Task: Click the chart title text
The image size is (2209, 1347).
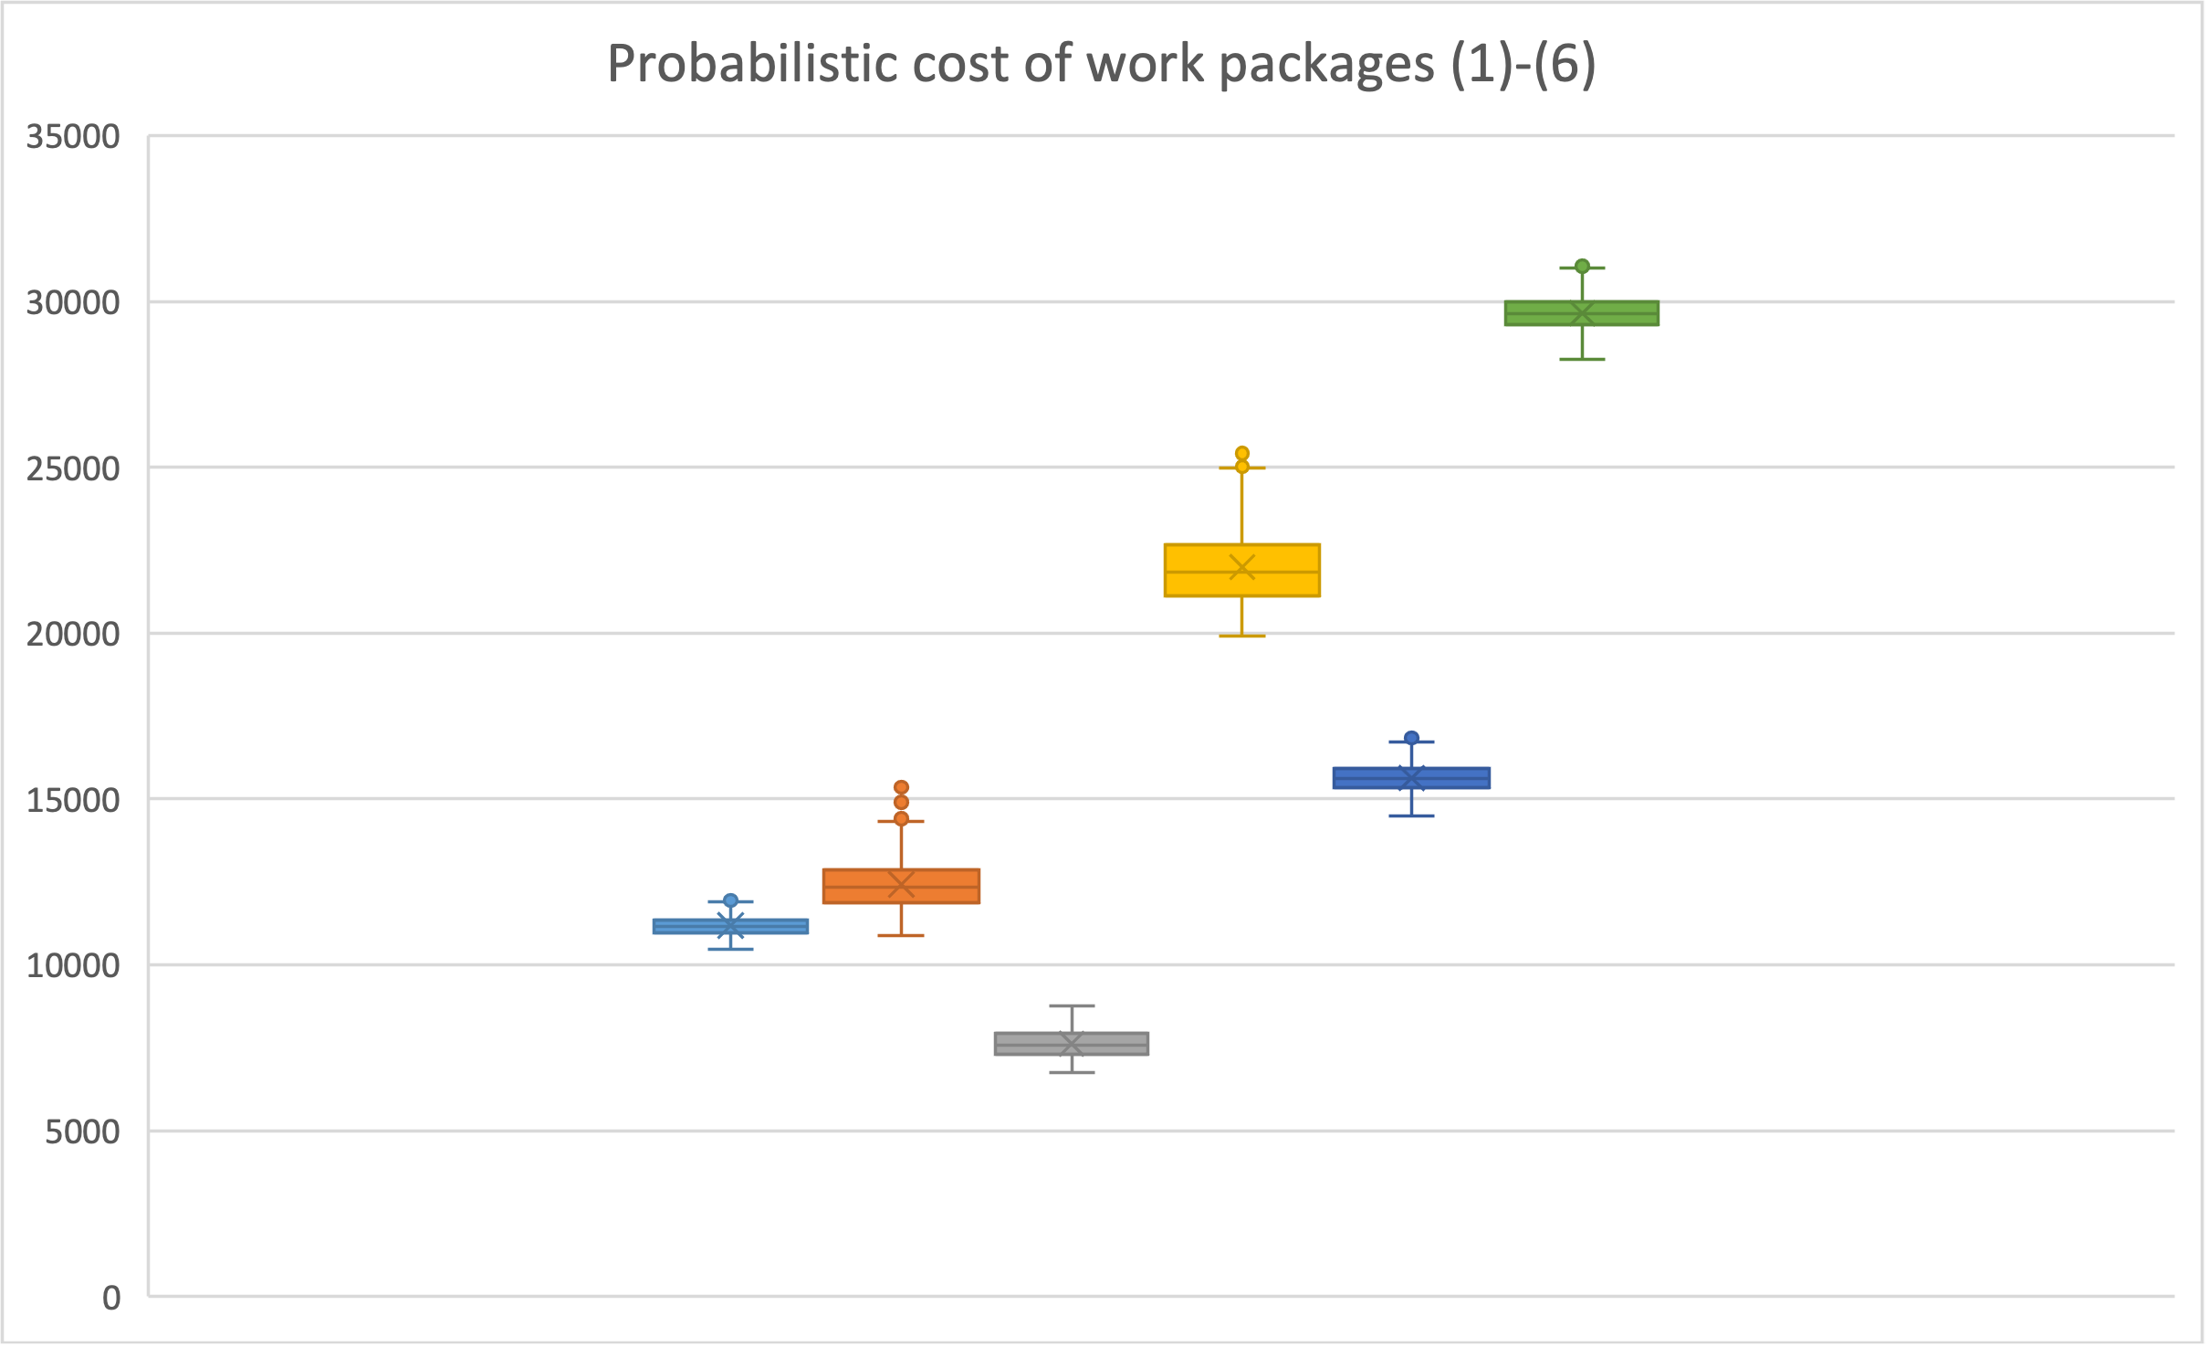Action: point(1102,64)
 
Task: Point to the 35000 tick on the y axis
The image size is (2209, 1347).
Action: point(73,137)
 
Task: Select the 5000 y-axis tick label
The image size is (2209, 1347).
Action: point(82,1131)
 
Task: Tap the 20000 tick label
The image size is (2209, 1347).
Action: point(73,634)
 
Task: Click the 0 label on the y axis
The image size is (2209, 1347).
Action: point(110,1298)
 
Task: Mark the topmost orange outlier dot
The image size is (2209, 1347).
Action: point(901,787)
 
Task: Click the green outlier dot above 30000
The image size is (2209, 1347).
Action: point(1582,267)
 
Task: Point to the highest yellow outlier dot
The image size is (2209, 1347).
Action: point(1241,453)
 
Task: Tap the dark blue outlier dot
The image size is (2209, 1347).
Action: point(1411,738)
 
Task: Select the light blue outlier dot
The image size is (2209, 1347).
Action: point(730,900)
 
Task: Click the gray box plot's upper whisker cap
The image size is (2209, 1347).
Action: point(1072,1006)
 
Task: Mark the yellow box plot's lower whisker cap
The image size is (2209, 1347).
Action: point(1241,636)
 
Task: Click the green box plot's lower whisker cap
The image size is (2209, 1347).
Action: point(1582,359)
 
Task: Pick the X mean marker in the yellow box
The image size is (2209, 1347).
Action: point(1241,567)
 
